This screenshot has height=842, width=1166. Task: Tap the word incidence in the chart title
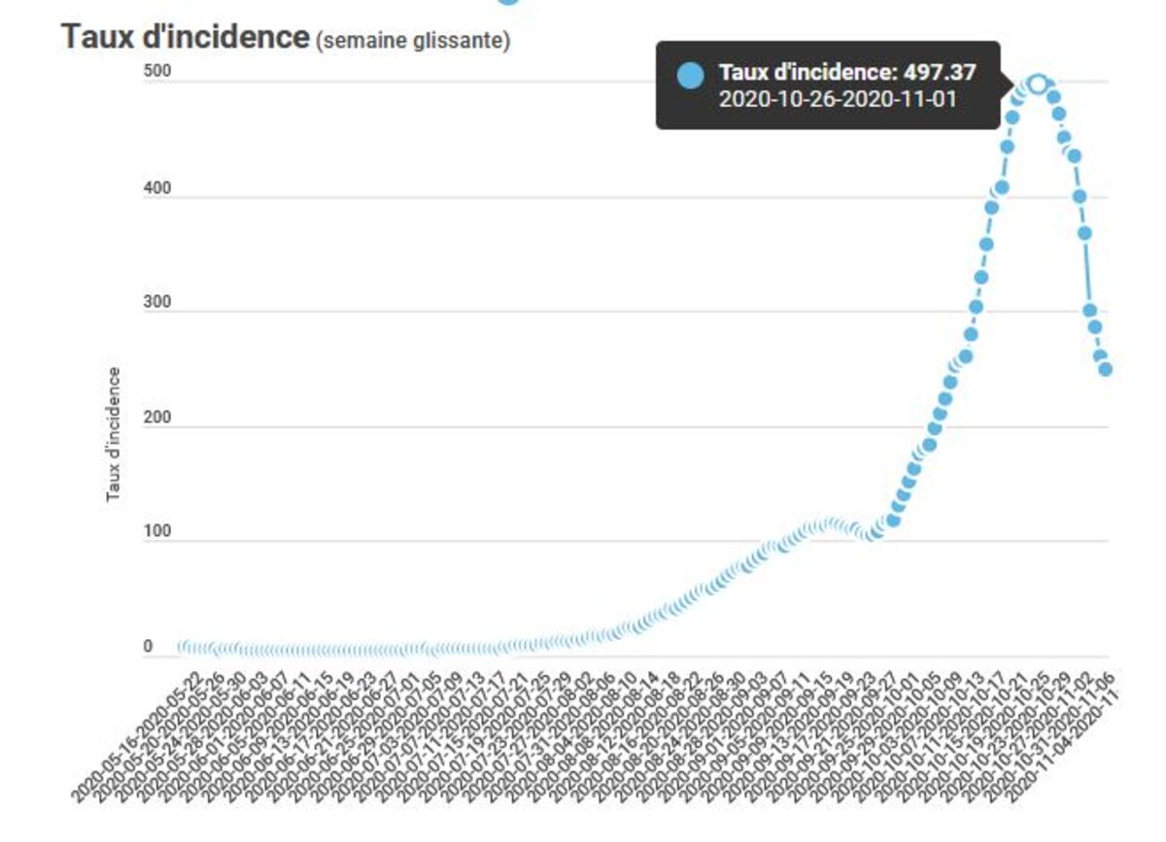click(x=233, y=38)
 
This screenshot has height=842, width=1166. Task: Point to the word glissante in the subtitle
click(x=462, y=42)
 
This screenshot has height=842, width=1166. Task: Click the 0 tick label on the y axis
click(x=149, y=647)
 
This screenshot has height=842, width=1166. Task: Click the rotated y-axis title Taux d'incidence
click(x=113, y=434)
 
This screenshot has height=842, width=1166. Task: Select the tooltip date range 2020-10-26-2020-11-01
click(x=838, y=99)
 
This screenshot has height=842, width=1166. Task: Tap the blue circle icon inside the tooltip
click(x=690, y=76)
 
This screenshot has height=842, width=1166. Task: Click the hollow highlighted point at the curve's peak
click(x=1037, y=84)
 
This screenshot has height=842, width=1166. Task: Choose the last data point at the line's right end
click(x=1105, y=369)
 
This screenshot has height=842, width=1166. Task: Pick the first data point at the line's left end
click(x=184, y=647)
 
